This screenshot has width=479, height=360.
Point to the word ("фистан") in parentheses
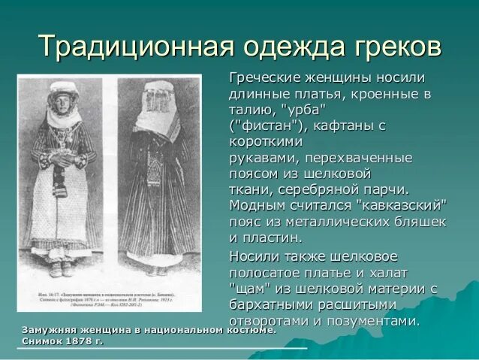click(267, 126)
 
